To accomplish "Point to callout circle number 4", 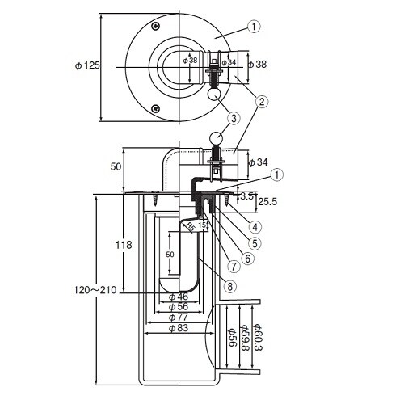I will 254,227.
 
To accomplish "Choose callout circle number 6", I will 247,258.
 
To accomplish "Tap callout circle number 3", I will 234,118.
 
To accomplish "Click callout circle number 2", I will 261,103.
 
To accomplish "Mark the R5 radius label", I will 191,228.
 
